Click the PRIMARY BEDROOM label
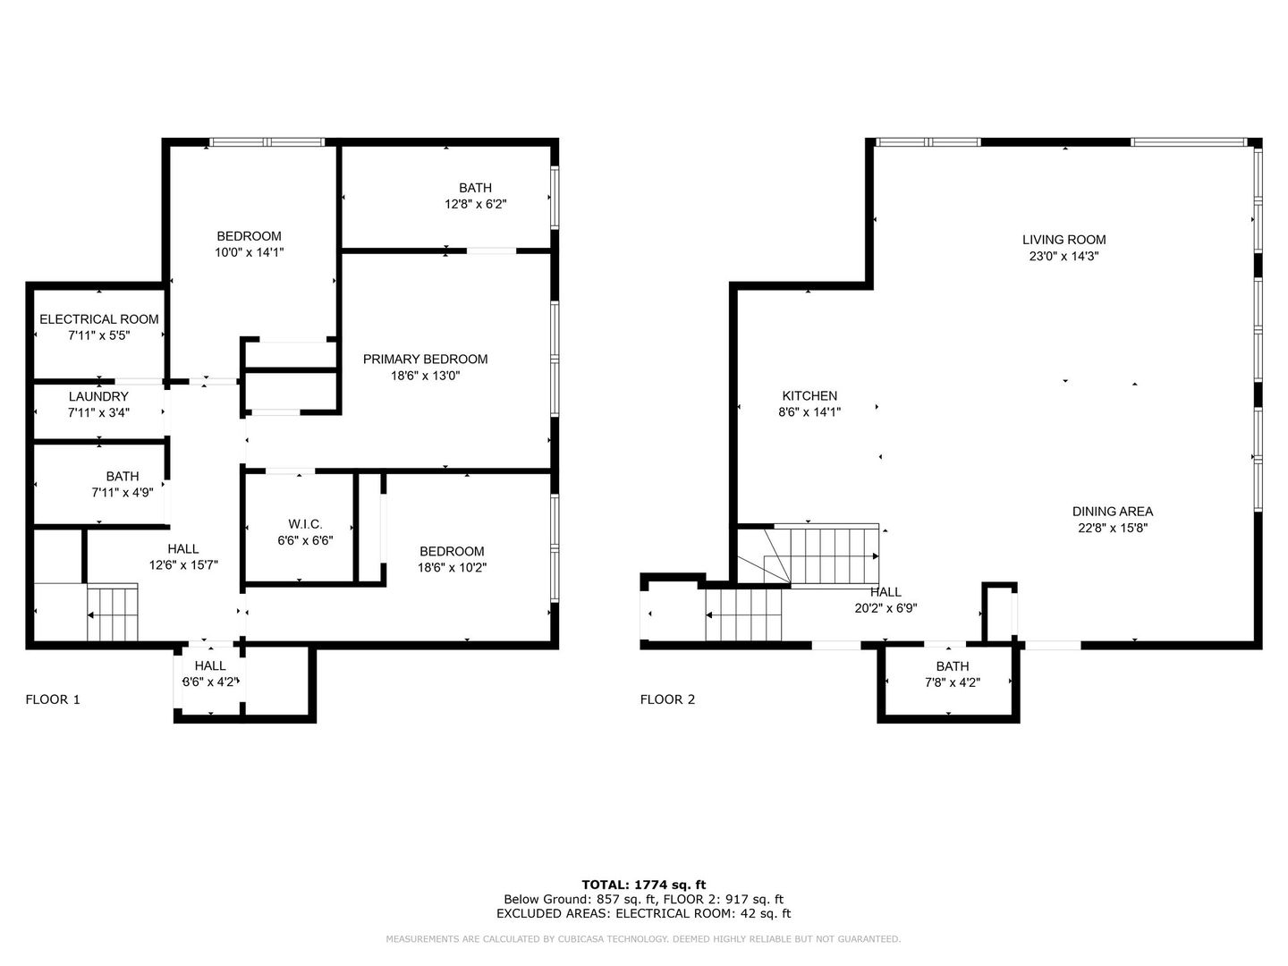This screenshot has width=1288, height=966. [x=425, y=360]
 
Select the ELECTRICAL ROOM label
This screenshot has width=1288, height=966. [x=99, y=319]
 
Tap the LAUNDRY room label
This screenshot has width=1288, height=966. [x=98, y=396]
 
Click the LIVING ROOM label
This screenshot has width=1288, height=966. [x=1063, y=240]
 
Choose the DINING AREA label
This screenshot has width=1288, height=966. [x=1112, y=512]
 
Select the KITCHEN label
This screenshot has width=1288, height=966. [x=809, y=396]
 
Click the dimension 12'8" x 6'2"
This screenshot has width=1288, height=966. [x=475, y=204]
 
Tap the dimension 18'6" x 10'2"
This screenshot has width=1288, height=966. [x=452, y=567]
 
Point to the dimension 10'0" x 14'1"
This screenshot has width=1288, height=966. [x=250, y=252]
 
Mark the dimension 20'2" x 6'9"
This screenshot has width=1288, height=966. [x=885, y=608]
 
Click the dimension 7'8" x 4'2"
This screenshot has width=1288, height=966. [x=952, y=682]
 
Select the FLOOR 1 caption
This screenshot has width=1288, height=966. [x=53, y=699]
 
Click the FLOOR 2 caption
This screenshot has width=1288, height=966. [x=667, y=699]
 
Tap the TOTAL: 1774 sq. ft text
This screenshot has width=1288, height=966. [x=643, y=885]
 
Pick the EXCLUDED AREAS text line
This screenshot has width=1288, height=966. [x=643, y=913]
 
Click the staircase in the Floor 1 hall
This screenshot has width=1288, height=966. [x=113, y=614]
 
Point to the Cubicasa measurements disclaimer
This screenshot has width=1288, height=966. [x=643, y=939]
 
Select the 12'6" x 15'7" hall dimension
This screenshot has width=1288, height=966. [x=183, y=565]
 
